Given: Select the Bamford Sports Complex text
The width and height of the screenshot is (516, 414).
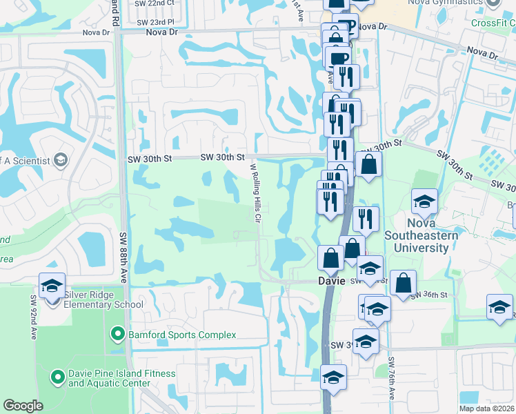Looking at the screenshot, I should (182, 335).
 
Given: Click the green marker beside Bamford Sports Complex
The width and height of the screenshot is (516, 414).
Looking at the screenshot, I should (117, 335).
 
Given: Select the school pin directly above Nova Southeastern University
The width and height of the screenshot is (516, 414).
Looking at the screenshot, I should (424, 201).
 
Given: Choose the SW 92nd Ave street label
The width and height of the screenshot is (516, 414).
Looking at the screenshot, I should (32, 317).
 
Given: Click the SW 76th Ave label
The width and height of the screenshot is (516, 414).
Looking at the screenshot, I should (391, 379).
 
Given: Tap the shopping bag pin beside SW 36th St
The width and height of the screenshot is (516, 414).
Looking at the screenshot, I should (403, 282).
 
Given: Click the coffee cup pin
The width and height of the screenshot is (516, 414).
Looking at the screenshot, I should (338, 57).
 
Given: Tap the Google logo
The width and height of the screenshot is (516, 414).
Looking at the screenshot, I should (23, 406).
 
